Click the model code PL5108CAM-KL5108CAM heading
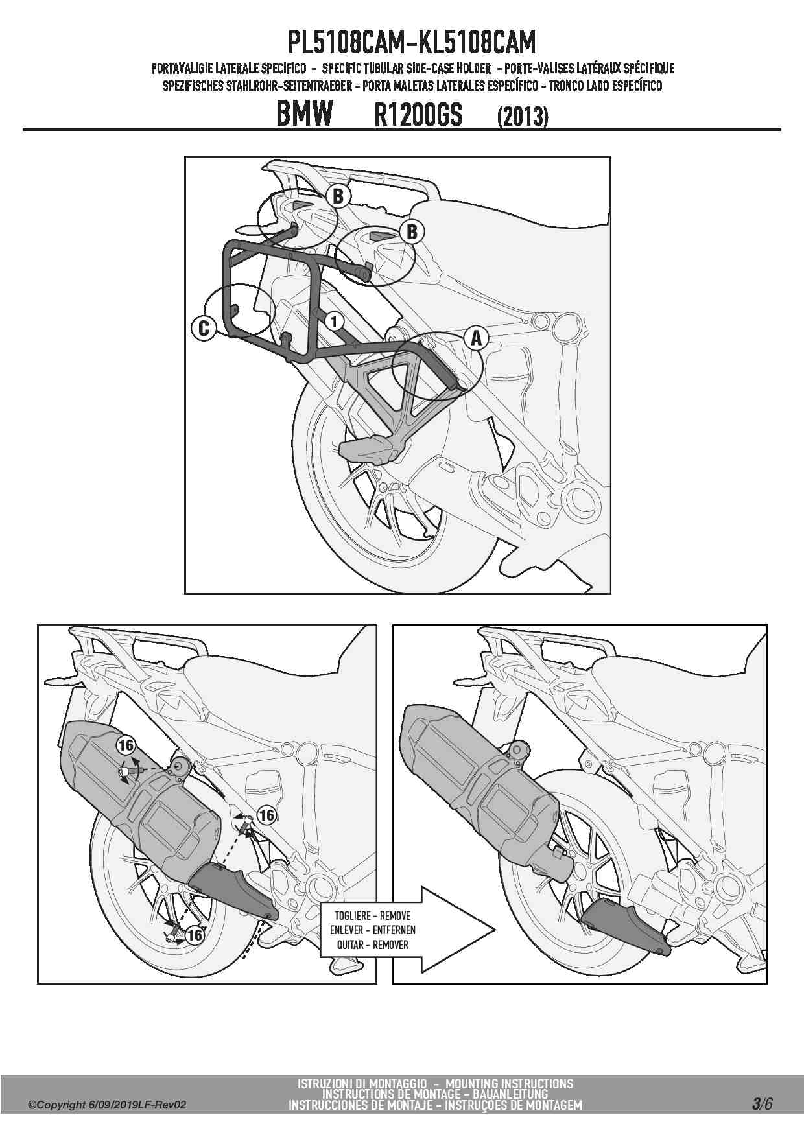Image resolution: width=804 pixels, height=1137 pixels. tap(412, 43)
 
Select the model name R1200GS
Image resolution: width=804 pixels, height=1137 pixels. tap(418, 115)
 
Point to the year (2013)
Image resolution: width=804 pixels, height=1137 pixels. tap(523, 117)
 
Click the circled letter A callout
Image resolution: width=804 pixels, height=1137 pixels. tap(476, 337)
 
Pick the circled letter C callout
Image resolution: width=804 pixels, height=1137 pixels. tap(204, 328)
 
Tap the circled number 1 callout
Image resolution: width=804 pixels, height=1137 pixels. tap(334, 320)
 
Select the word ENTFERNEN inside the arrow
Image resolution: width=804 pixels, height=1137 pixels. tap(394, 930)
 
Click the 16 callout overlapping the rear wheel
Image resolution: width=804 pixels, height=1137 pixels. tap(195, 935)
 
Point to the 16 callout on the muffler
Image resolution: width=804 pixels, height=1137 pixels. tap(126, 744)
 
